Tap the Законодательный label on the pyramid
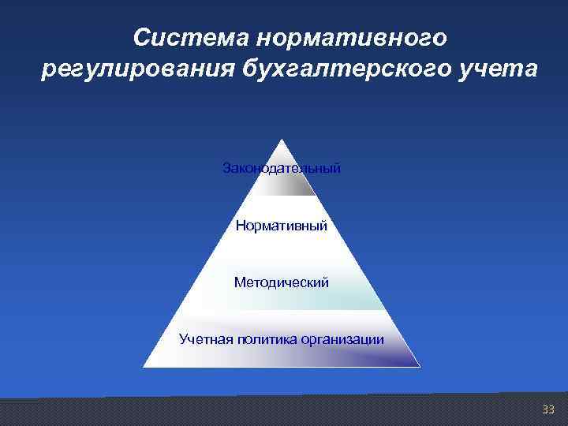tap(282, 169)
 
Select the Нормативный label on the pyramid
tap(282, 226)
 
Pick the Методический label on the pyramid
tap(282, 282)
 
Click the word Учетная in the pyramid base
tap(204, 340)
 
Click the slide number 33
tap(548, 409)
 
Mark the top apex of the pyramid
tap(282, 140)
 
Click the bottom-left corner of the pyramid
tap(144, 367)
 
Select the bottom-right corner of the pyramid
tap(420, 367)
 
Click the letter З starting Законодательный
tap(227, 169)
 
